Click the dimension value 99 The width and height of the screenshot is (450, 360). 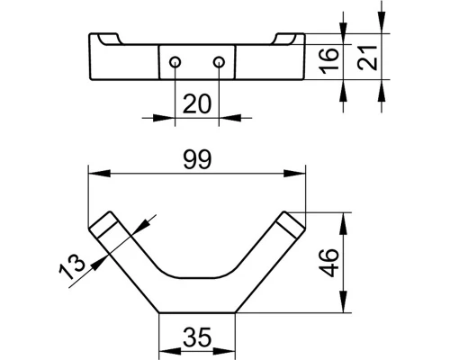197,159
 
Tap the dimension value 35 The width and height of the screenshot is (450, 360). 197,337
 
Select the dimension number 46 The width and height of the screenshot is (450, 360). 328,263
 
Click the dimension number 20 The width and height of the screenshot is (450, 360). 197,103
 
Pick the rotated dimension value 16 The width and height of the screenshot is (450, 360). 328,61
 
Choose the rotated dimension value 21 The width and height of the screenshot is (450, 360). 367,58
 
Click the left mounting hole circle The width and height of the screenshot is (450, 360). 175,62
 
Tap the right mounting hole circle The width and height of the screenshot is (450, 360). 219,62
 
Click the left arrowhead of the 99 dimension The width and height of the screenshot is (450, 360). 99,174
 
